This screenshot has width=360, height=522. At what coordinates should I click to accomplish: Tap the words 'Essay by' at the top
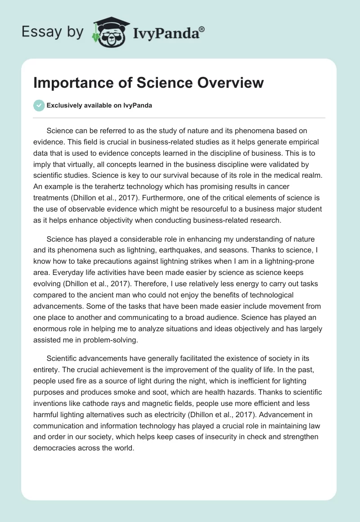pyautogui.click(x=52, y=32)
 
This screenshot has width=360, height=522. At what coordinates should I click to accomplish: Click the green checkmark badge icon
pyautogui.click(x=39, y=105)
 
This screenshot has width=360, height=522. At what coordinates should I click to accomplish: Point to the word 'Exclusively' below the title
pyautogui.click(x=63, y=105)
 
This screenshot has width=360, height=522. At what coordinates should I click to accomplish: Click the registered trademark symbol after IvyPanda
pyautogui.click(x=202, y=28)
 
